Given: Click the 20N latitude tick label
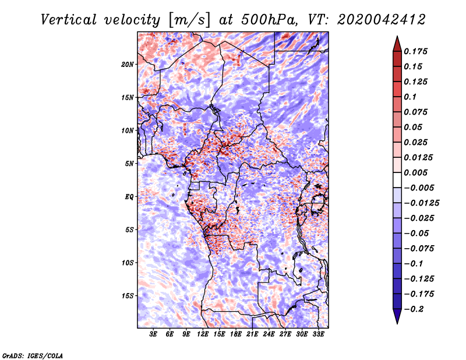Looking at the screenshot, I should pyautogui.click(x=128, y=64).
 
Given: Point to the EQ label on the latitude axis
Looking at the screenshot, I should pyautogui.click(x=129, y=197).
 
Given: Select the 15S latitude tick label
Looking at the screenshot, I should pyautogui.click(x=128, y=296).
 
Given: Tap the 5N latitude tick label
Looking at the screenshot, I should pyautogui.click(x=129, y=164).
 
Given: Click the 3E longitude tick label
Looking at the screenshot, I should pyautogui.click(x=154, y=334).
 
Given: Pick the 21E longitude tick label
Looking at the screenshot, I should pyautogui.click(x=252, y=334).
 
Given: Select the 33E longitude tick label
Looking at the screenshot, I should pyautogui.click(x=318, y=334).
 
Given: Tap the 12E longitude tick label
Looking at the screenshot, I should pyautogui.click(x=203, y=334).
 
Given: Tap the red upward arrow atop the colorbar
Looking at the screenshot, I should pyautogui.click(x=397, y=43).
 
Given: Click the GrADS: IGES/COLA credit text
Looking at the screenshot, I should pyautogui.click(x=32, y=355).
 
